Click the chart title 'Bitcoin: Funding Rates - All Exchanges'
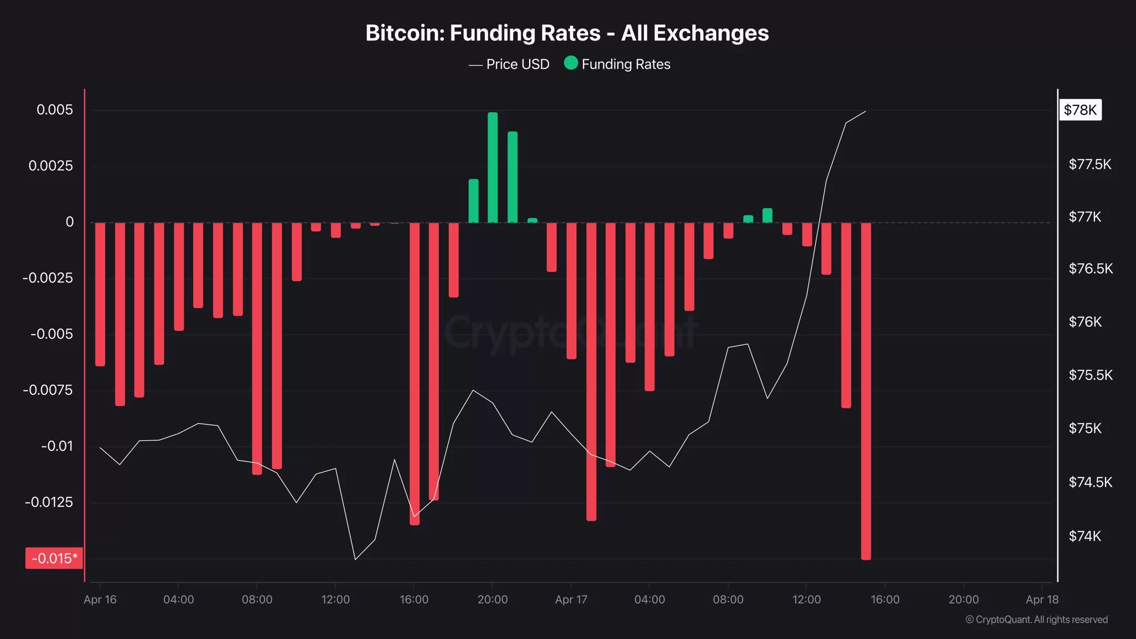point(567,33)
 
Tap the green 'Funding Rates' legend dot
point(571,63)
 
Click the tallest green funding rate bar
point(493,166)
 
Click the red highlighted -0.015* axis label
point(54,558)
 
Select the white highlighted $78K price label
point(1080,110)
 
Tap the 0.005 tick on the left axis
point(54,110)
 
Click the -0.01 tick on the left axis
point(57,446)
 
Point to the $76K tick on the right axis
point(1085,322)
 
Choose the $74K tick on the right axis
point(1085,536)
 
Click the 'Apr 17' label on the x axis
point(571,600)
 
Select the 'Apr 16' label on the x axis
point(100,600)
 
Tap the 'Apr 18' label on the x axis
point(1042,600)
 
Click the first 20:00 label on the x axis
point(493,600)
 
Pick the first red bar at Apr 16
point(100,294)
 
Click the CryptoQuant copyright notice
point(1036,620)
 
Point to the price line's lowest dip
point(355,559)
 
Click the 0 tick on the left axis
point(69,222)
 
